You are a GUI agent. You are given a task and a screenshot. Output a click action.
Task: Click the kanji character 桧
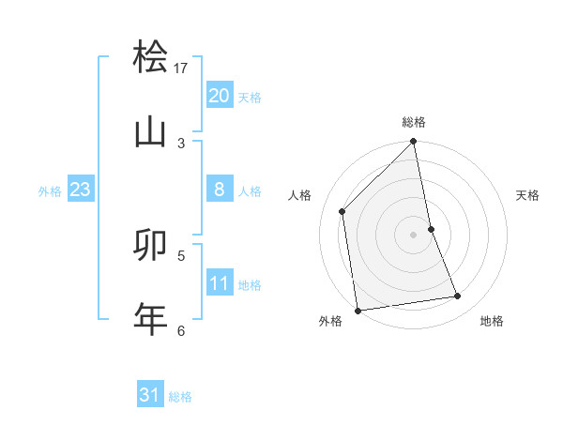tap(150, 57)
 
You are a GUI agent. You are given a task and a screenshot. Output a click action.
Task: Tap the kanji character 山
tap(150, 132)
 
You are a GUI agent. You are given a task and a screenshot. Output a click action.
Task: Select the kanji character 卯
tap(150, 244)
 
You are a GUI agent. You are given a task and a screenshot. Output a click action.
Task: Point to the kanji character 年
tap(150, 319)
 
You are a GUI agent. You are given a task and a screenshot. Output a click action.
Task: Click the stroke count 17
tap(181, 68)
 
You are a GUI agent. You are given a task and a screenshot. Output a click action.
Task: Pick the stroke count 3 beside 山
tap(181, 143)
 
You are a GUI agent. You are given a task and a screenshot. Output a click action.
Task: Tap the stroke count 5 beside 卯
tap(181, 254)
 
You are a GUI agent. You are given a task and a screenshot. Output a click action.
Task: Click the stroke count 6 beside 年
tap(181, 329)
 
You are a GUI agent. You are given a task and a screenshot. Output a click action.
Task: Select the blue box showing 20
tap(220, 96)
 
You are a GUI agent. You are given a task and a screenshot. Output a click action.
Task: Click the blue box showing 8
tap(220, 190)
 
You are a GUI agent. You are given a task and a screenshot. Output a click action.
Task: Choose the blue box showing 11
tap(220, 283)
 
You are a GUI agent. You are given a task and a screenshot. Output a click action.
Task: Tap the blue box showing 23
tap(81, 190)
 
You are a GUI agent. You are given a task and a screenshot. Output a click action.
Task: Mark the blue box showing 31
tap(150, 395)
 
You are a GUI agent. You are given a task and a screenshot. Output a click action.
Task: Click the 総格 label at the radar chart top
tap(414, 122)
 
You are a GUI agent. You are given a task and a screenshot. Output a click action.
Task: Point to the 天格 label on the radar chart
tap(527, 195)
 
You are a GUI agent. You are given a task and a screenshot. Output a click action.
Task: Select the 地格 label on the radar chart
tap(492, 321)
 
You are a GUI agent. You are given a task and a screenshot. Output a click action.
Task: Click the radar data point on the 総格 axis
tap(414, 143)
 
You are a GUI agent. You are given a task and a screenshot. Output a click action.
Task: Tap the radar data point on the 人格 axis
tap(342, 211)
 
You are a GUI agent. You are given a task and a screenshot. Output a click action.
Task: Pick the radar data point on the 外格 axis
tap(358, 310)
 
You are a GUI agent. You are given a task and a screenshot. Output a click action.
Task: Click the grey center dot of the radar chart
tap(414, 234)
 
